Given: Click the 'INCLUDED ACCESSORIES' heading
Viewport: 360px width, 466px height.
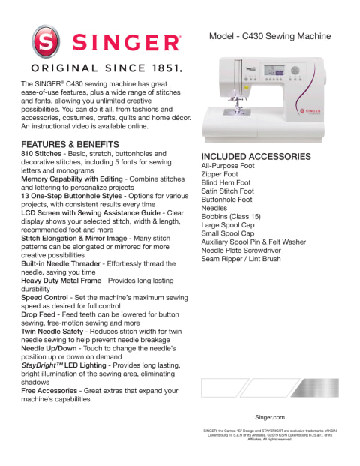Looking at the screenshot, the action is tap(256, 157).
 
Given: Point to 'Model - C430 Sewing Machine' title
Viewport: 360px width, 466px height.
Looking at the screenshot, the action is tap(270, 36).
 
